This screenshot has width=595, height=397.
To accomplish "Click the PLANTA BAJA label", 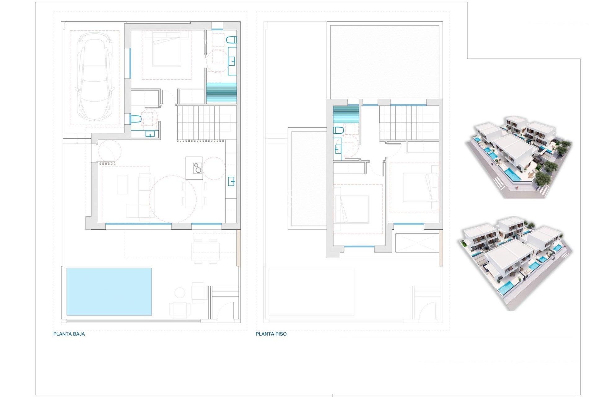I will (69, 334).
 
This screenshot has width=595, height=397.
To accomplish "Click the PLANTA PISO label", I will (271, 334).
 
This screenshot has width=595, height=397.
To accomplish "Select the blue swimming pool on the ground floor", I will (109, 292).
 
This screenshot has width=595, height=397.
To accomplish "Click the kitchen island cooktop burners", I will (197, 168).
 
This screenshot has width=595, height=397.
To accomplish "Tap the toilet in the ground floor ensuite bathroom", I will (231, 40).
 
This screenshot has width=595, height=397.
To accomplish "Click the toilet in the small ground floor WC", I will (136, 119).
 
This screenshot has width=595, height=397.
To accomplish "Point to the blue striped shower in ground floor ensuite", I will (222, 93).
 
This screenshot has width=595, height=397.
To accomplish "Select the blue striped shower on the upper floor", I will (346, 114).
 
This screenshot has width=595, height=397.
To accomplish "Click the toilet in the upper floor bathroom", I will (338, 130).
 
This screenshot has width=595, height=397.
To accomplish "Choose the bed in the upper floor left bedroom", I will (351, 209).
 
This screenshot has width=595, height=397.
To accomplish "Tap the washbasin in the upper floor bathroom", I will (338, 149).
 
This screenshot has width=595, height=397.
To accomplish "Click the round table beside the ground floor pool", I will (179, 292).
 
